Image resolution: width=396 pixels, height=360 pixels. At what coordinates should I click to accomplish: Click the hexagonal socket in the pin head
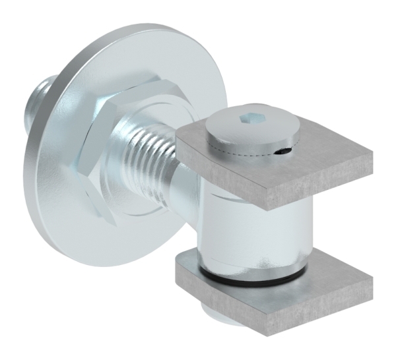[x=249, y=119]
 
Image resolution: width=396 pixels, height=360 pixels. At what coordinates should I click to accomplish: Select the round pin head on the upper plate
[x=250, y=128]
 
